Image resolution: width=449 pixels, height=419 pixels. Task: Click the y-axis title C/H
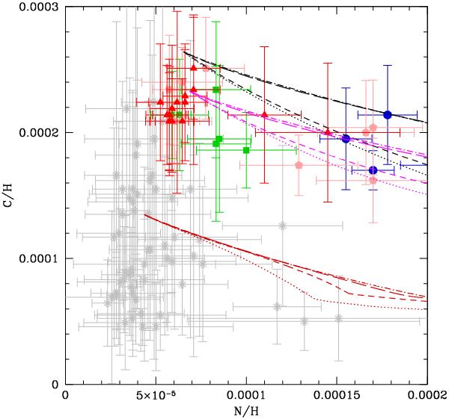9,196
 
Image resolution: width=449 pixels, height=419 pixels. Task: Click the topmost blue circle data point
388,114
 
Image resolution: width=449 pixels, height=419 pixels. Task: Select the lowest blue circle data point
373,170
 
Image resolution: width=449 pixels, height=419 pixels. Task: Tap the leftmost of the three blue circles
346,139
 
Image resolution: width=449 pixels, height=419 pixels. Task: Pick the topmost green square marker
216,90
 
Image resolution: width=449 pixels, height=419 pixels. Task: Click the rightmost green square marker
246,150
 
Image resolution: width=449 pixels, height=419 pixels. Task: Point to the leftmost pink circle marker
299,165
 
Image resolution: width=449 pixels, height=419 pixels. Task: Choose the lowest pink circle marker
373,181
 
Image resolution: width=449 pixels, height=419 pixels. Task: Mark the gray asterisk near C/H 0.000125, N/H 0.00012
282,226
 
